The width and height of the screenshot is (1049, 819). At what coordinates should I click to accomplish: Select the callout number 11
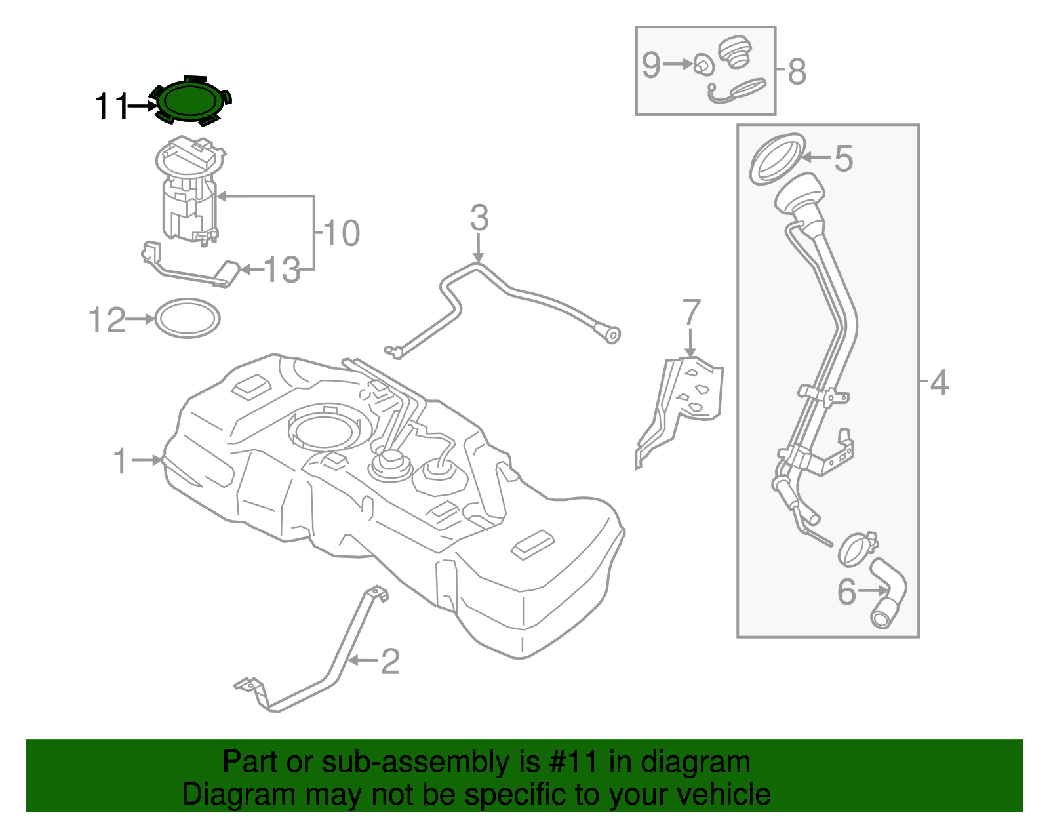click(x=111, y=106)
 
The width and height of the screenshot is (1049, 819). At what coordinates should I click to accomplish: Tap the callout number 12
click(x=107, y=321)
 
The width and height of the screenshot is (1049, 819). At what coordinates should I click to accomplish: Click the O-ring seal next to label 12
click(x=188, y=319)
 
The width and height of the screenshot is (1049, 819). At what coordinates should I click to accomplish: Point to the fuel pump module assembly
click(x=189, y=190)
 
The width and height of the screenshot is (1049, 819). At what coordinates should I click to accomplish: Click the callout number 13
click(x=282, y=270)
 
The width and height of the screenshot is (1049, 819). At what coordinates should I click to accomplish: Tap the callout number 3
click(x=479, y=218)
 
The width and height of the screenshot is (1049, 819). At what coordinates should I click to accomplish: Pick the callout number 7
click(x=692, y=313)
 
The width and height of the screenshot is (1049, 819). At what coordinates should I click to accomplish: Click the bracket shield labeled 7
click(x=688, y=400)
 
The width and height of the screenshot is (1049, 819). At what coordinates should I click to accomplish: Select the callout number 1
click(x=120, y=461)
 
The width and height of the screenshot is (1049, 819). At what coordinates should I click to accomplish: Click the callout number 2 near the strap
click(x=390, y=661)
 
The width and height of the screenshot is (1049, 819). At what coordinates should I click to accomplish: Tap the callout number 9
click(x=651, y=65)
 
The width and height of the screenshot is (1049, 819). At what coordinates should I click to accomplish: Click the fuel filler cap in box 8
click(x=736, y=51)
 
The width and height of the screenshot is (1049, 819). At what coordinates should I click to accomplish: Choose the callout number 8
click(x=797, y=71)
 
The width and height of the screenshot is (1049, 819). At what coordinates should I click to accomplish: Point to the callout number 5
click(x=844, y=159)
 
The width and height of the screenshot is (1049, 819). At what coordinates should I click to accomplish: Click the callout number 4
click(x=939, y=382)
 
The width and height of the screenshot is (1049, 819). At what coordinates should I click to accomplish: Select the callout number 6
click(x=846, y=591)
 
